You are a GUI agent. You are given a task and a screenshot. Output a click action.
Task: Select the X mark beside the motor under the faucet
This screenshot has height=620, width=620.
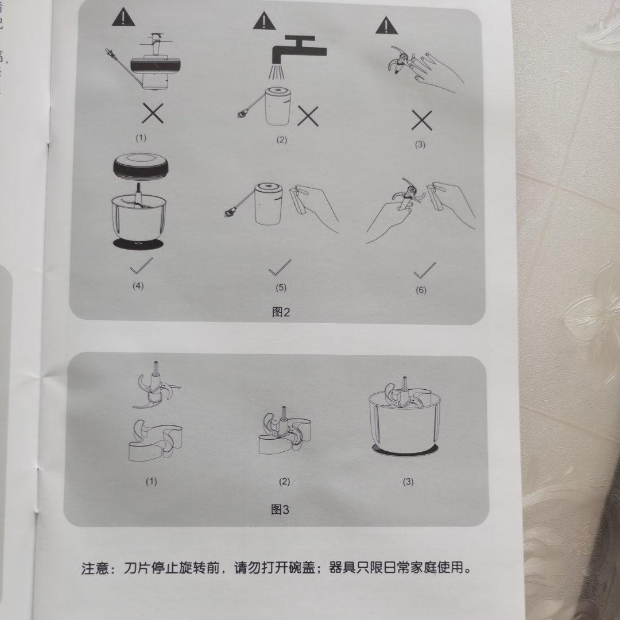coord(308,117)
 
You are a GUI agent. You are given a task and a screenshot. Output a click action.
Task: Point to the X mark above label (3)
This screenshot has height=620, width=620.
coord(421,120)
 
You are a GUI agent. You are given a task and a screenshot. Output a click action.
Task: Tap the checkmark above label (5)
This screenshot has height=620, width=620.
coord(280,267)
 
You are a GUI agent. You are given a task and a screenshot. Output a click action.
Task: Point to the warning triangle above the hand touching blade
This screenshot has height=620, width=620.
coord(387,25)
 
